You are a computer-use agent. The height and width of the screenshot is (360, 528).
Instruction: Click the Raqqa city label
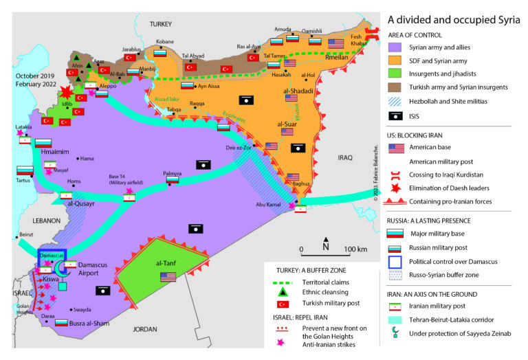pos(197,103)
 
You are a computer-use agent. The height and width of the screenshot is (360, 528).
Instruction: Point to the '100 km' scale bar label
pos(356,248)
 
